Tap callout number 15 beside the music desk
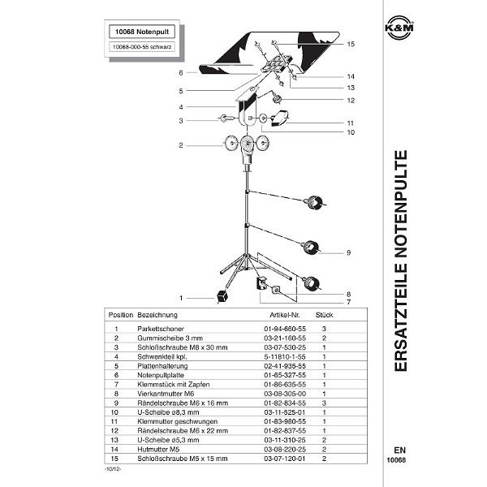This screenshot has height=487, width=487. [351, 44]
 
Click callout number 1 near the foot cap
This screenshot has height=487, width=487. [182, 297]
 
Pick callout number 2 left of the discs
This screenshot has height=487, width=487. [182, 146]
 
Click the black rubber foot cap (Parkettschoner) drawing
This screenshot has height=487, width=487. [221, 298]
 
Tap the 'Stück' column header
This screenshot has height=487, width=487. [324, 313]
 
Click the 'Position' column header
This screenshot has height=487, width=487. [119, 313]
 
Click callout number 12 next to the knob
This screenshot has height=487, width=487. [351, 100]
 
